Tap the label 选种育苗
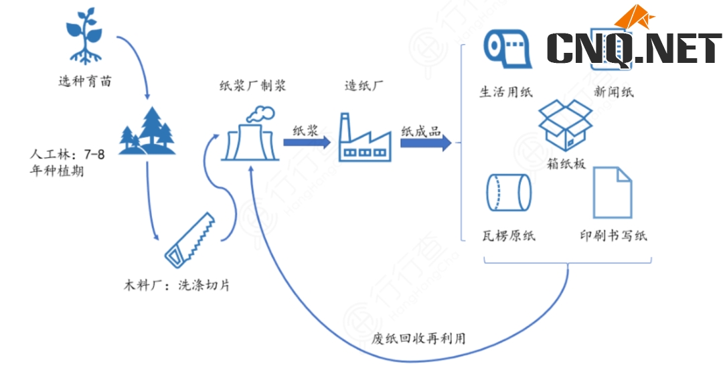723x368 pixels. [84, 82]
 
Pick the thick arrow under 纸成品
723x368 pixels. [426, 143]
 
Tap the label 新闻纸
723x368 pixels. [613, 92]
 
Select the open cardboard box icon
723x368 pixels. [566, 126]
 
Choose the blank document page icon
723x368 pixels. [612, 192]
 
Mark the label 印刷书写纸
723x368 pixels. [613, 236]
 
